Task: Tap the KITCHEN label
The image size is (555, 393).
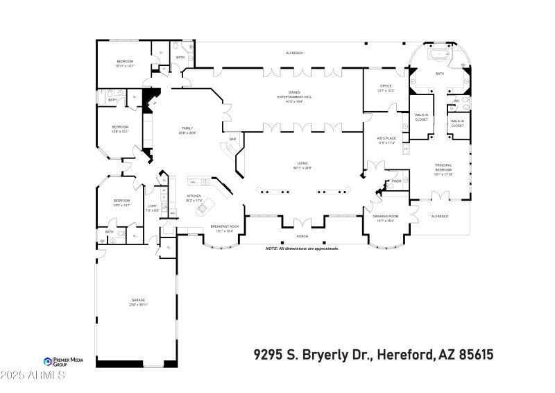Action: click(194, 196)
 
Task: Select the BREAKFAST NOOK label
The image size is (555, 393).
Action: click(225, 226)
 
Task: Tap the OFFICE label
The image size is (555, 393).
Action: click(386, 86)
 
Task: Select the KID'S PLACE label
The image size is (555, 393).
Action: click(386, 139)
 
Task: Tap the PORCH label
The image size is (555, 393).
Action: click(302, 235)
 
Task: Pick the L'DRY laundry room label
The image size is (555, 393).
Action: click(153, 206)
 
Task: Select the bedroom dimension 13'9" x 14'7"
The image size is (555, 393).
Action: click(122, 205)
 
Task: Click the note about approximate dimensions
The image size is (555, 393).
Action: click(302, 248)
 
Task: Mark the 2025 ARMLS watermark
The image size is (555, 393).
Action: click(33, 376)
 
